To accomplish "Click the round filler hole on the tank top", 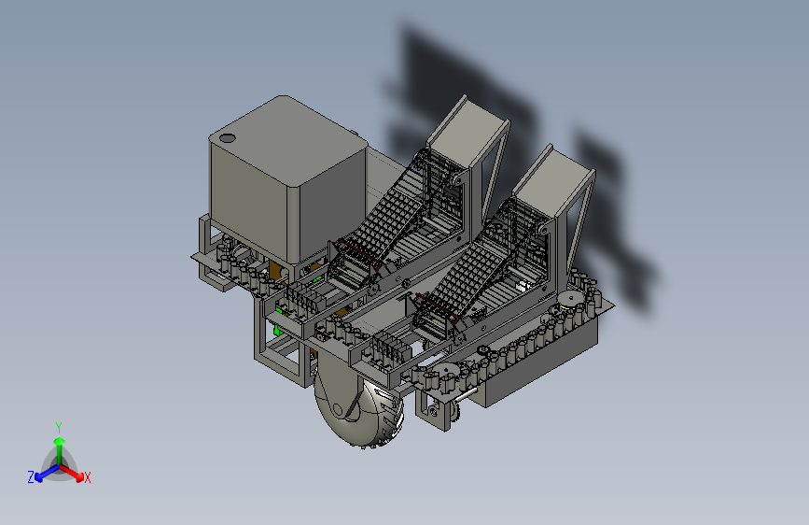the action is [x=227, y=138].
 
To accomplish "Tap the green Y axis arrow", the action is [x=60, y=451].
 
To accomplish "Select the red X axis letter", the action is [x=87, y=478].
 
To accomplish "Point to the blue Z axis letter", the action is [x=31, y=477].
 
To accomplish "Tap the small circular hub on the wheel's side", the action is [x=338, y=410].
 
